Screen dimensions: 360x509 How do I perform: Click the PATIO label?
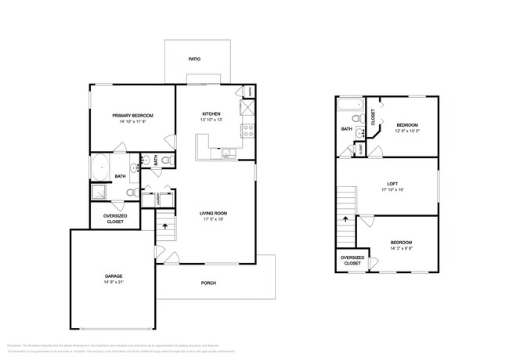(x=194, y=59)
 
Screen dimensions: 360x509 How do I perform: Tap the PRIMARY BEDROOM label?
(x=132, y=114)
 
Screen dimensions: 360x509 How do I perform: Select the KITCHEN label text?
(x=211, y=114)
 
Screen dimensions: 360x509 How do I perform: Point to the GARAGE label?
(x=114, y=275)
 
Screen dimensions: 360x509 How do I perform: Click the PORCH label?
(x=208, y=283)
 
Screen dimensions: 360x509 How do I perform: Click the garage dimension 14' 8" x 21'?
(x=114, y=283)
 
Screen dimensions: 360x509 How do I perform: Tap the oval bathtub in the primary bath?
(x=100, y=167)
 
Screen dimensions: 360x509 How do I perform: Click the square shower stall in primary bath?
(x=100, y=193)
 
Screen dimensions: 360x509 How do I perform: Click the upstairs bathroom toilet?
(x=356, y=120)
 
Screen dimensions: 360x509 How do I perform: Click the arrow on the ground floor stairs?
(x=164, y=226)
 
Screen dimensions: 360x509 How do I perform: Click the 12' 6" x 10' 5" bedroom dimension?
(x=406, y=131)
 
